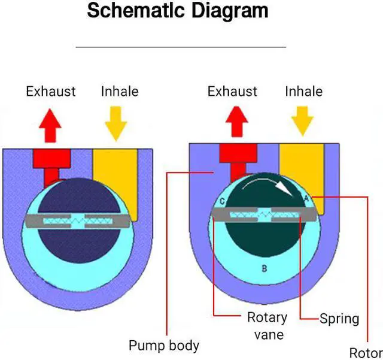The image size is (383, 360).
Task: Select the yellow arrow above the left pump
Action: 115,122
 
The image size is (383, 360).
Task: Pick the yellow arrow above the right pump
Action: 303,122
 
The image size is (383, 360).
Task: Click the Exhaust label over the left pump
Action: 51,92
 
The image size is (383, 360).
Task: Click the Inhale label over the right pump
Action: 303,92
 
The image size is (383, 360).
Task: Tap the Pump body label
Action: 164,346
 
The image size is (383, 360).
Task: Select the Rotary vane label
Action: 267,325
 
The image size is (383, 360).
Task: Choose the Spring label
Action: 339,318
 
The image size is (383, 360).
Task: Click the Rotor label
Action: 366,353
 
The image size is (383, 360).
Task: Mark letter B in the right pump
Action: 264,268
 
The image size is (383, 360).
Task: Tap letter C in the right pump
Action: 222,202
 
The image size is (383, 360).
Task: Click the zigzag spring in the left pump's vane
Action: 78,221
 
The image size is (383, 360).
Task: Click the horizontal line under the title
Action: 181,46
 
